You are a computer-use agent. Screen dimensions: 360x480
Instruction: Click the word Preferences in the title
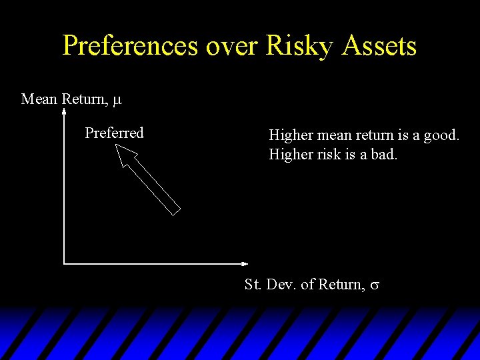(130, 46)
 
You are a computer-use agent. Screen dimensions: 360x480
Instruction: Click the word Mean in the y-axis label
(39, 99)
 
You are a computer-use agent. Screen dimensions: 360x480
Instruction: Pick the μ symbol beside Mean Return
(117, 101)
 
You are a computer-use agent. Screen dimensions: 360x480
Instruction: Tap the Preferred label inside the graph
(114, 133)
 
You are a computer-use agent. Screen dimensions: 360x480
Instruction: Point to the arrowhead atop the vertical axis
(63, 113)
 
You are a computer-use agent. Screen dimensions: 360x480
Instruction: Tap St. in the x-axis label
(253, 285)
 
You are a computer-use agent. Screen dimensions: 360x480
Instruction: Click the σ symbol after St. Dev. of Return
(375, 286)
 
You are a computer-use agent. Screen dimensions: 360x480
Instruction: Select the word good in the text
(441, 135)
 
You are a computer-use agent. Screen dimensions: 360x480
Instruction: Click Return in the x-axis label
(341, 285)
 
